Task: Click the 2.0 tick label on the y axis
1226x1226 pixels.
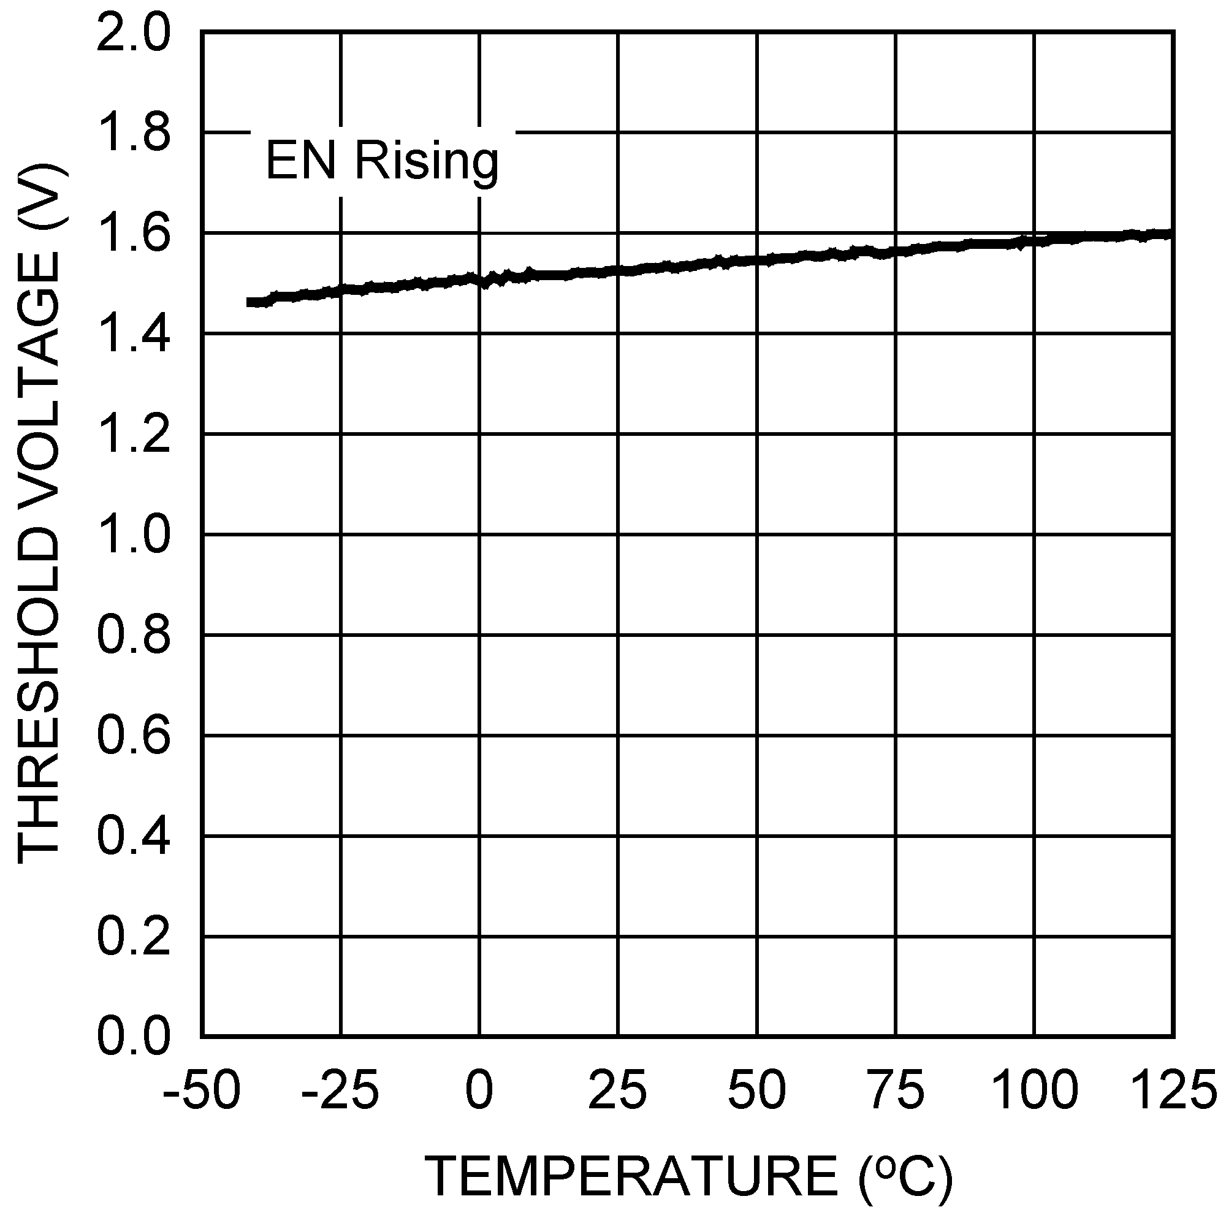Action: coord(133,34)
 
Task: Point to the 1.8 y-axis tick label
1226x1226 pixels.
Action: coord(133,134)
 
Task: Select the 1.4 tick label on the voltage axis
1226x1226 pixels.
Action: coord(133,335)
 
